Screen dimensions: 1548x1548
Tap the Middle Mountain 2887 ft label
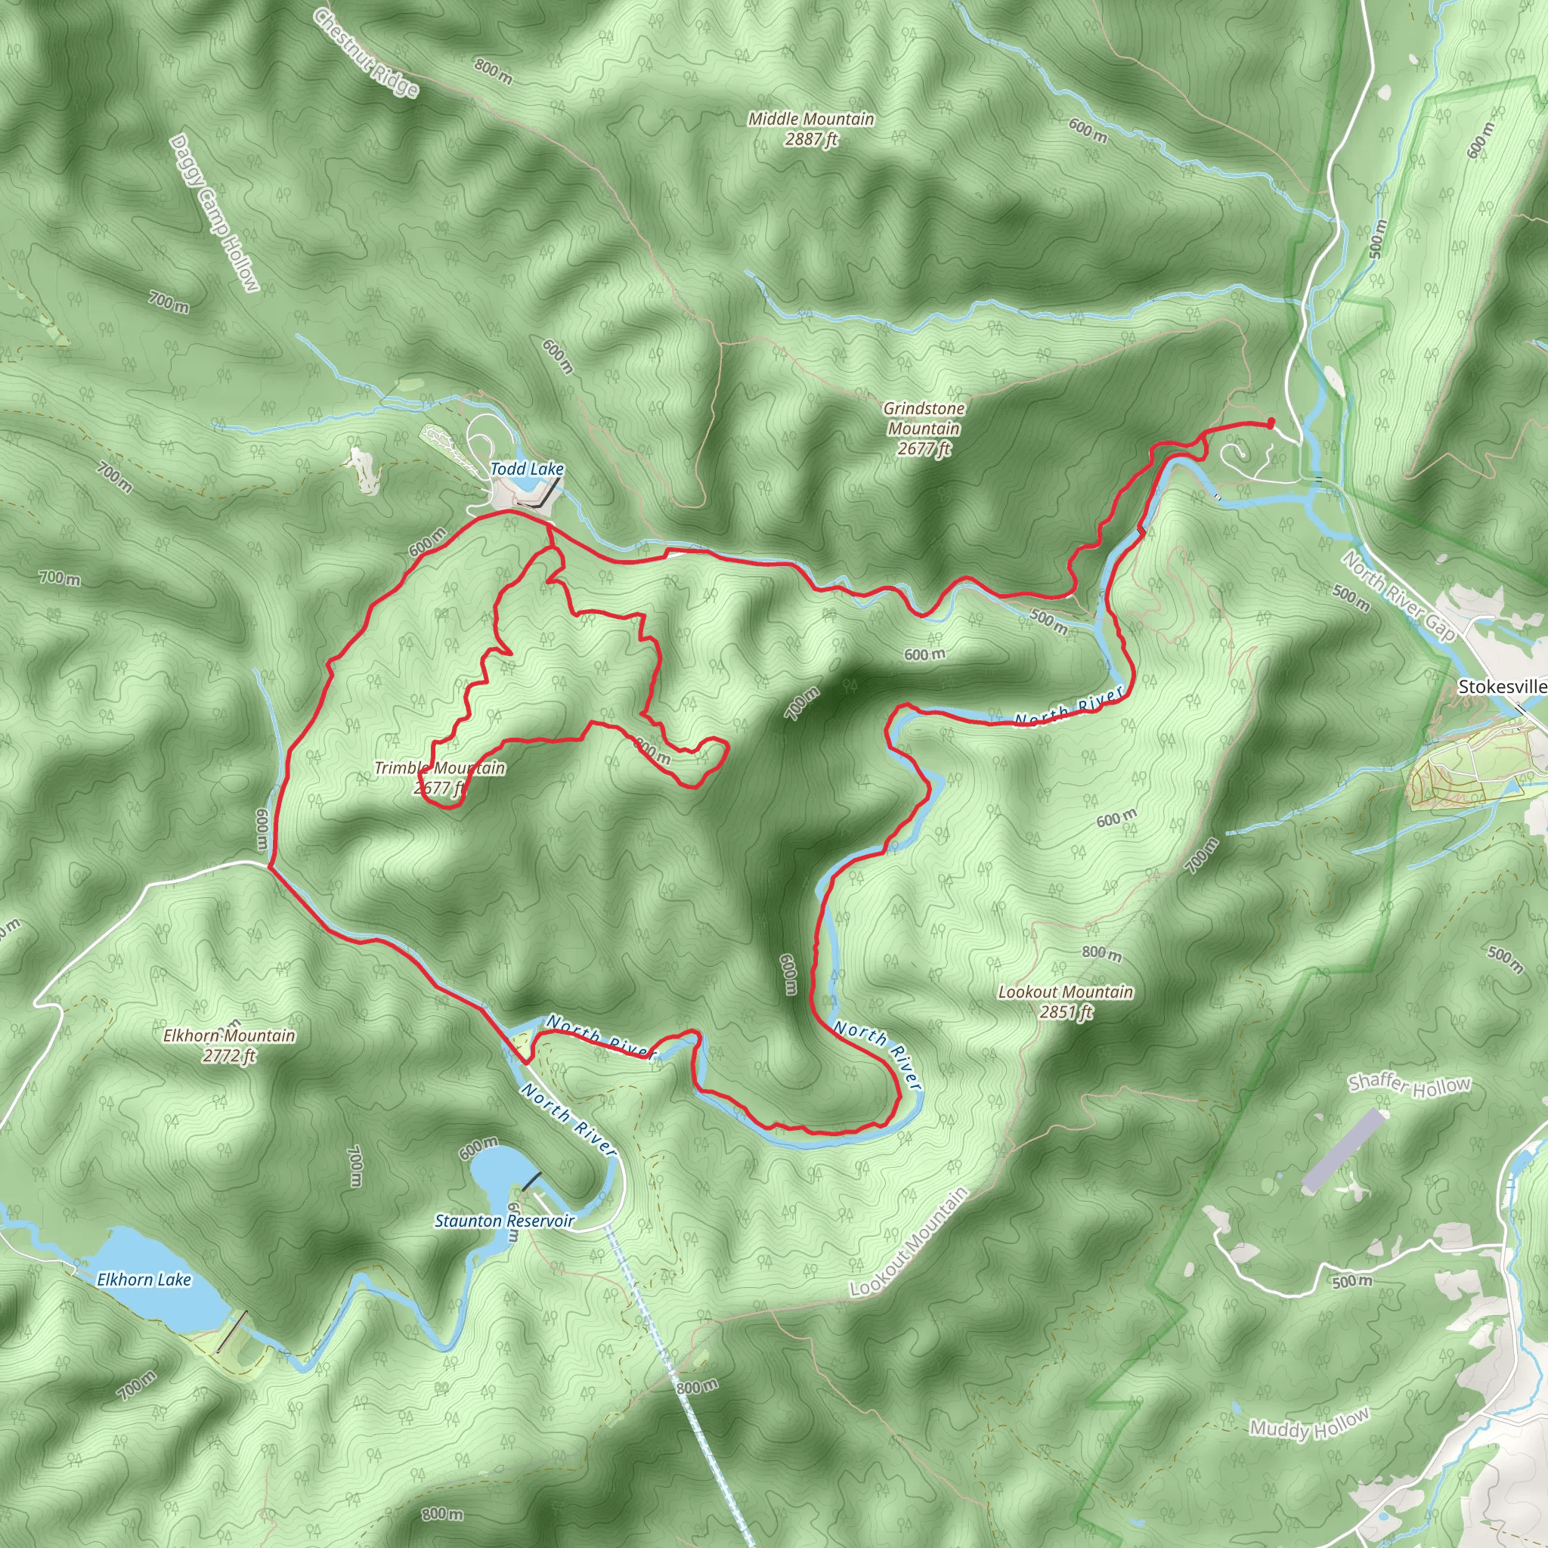click(x=811, y=129)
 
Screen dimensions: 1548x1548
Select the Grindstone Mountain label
click(x=923, y=429)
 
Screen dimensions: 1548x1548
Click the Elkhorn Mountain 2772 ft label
click(x=229, y=1045)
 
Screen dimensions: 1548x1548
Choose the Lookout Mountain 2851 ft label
click(x=1065, y=1002)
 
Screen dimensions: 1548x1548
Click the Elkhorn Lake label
click(x=144, y=1280)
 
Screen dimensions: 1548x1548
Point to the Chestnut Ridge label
click(x=365, y=53)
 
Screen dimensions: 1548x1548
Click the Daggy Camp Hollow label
click(x=215, y=213)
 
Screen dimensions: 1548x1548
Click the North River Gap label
click(x=1399, y=596)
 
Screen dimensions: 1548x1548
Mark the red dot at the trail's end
click(x=1271, y=423)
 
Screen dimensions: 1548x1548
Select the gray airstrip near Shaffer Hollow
click(x=1343, y=1150)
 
